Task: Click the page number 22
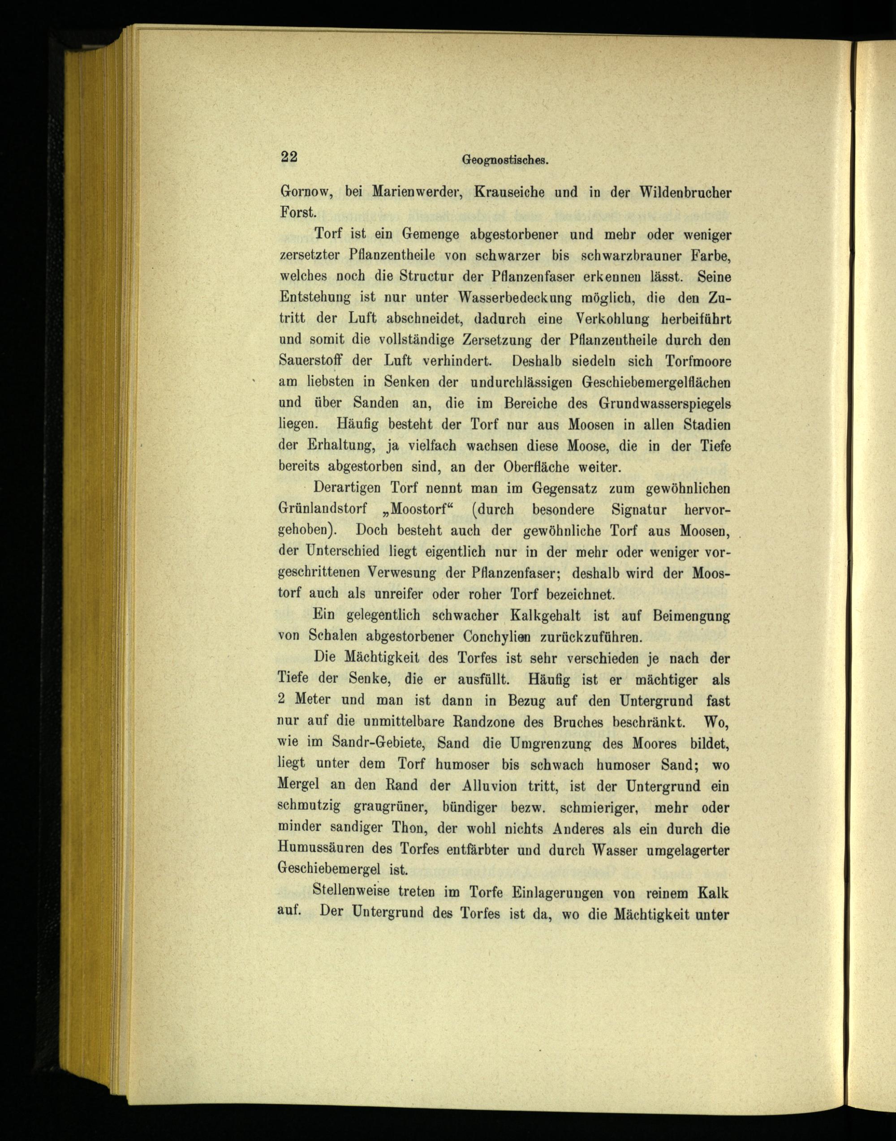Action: pos(289,157)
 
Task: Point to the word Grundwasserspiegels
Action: pos(664,404)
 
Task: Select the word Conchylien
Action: pos(496,637)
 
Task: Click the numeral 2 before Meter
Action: pos(282,700)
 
